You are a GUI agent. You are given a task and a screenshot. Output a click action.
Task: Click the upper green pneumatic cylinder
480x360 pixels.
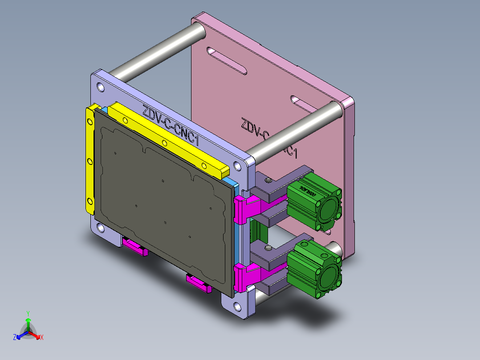tap(314, 203)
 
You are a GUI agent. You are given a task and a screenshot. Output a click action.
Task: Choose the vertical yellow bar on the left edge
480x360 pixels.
tap(90, 160)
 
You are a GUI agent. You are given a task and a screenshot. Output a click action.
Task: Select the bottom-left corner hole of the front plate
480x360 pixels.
tap(102, 229)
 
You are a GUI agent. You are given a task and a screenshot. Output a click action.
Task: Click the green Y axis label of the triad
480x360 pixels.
tap(28, 313)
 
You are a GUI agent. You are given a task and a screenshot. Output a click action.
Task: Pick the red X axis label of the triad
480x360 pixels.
tap(42, 338)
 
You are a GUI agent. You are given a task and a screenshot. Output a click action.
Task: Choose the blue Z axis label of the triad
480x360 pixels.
tap(15, 338)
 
